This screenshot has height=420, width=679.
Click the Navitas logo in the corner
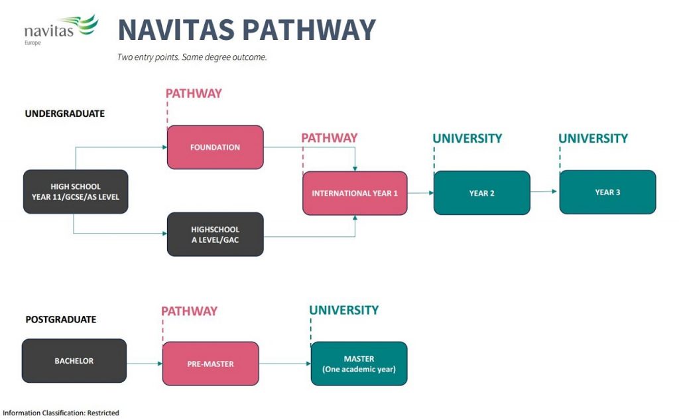(x=60, y=29)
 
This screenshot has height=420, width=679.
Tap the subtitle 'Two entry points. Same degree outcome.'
(x=192, y=57)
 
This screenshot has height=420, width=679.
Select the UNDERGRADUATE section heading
(x=65, y=113)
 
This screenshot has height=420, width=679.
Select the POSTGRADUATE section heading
(x=61, y=319)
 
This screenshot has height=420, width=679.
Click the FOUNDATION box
(x=215, y=147)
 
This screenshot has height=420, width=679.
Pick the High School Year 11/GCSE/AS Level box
(x=76, y=192)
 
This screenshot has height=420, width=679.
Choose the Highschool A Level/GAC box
(x=215, y=234)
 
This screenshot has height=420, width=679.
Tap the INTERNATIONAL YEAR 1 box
(x=355, y=193)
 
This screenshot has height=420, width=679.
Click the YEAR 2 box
(x=482, y=193)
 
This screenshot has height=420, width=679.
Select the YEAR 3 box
(x=607, y=192)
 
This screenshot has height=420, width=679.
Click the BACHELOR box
(x=74, y=361)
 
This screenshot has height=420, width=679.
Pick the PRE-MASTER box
(x=210, y=364)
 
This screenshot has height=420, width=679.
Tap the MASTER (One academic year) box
(x=359, y=364)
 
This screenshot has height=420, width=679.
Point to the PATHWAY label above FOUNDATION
(x=194, y=94)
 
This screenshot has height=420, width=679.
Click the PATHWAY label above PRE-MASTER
(x=189, y=311)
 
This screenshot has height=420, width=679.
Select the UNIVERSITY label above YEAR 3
(x=593, y=139)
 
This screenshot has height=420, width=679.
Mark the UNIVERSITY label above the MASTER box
(x=343, y=310)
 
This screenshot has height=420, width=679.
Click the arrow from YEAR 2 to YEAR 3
(x=544, y=192)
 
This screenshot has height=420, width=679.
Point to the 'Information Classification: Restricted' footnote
(x=61, y=413)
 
